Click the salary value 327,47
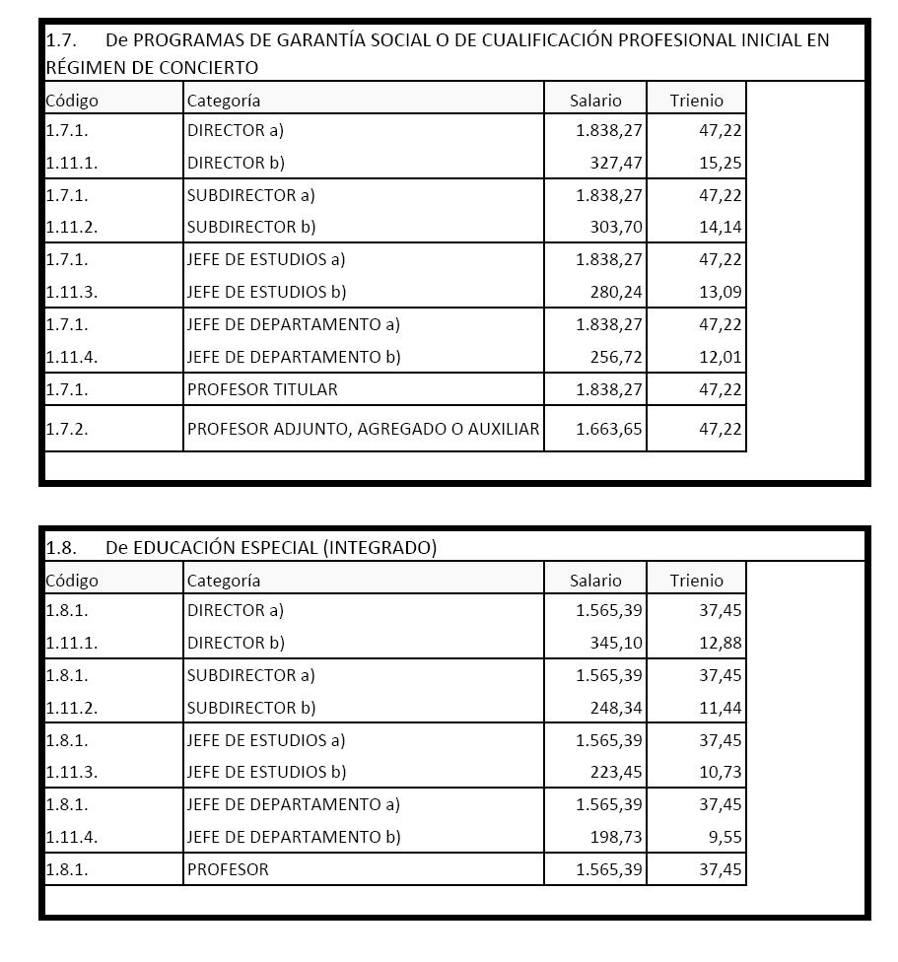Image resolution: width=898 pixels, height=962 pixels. pyautogui.click(x=617, y=163)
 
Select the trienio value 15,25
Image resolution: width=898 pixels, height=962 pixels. pyautogui.click(x=721, y=163)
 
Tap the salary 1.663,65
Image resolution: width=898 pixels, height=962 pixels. pyautogui.click(x=609, y=429)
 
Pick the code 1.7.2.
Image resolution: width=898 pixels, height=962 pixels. pyautogui.click(x=67, y=429)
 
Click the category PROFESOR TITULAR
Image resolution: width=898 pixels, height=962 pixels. pyautogui.click(x=262, y=389)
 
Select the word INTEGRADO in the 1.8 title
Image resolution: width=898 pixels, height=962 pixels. pyautogui.click(x=380, y=548)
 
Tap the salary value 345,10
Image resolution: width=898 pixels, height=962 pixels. pyautogui.click(x=617, y=643)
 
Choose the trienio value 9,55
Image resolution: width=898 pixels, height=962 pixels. pyautogui.click(x=725, y=837)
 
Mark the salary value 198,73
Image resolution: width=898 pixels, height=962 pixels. pyautogui.click(x=617, y=837)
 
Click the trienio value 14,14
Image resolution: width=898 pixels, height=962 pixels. pyautogui.click(x=721, y=227)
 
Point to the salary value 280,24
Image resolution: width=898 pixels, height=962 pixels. pyautogui.click(x=617, y=292)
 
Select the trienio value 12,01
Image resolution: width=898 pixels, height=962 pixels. pyautogui.click(x=721, y=357)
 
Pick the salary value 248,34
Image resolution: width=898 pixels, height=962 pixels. pyautogui.click(x=617, y=708)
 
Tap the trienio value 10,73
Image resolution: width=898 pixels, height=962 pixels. pyautogui.click(x=721, y=772)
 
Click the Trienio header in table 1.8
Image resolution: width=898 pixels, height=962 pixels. pyautogui.click(x=696, y=581)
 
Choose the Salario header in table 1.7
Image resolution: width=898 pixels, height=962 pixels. pyautogui.click(x=595, y=101)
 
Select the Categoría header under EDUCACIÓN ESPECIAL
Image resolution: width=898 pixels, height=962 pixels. pyautogui.click(x=224, y=581)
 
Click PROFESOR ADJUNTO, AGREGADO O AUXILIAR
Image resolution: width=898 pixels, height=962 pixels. pyautogui.click(x=363, y=429)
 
